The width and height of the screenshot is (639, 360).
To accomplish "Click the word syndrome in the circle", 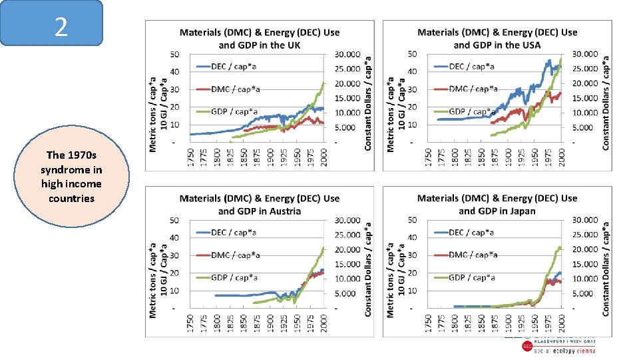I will [x=71, y=169].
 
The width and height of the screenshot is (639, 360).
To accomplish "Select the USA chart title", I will [x=497, y=39].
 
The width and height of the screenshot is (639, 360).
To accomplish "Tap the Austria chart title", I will [x=259, y=204].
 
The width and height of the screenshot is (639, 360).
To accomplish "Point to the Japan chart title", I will [x=497, y=204].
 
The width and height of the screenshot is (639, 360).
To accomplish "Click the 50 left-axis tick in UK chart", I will [x=174, y=54].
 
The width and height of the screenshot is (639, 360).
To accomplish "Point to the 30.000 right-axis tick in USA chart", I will [x=585, y=54].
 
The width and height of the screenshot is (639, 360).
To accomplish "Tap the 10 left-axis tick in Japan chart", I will [x=412, y=291].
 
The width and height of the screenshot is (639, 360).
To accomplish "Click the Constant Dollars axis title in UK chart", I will [x=369, y=102].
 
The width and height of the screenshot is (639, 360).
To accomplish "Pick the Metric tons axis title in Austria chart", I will [x=153, y=268].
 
